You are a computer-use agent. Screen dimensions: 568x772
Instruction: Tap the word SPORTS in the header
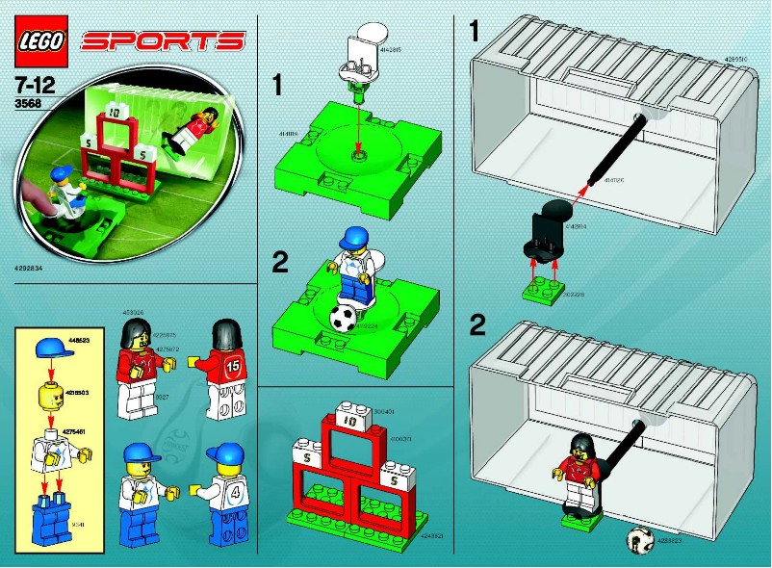(x=163, y=40)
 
